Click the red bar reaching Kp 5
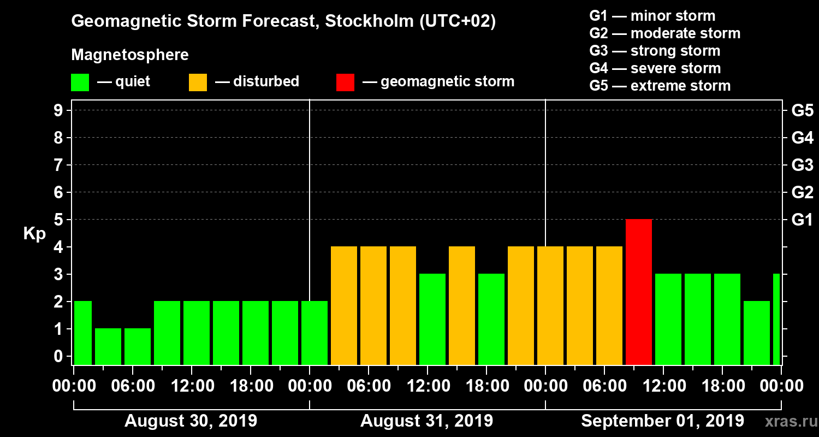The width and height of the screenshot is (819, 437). (x=639, y=292)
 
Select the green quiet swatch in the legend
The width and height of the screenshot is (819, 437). (x=80, y=82)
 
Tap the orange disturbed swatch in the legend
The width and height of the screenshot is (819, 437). (x=198, y=82)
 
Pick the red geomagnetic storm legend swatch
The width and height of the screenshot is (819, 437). (x=345, y=82)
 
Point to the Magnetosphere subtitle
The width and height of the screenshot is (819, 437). (x=130, y=55)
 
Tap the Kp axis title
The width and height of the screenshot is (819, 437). (x=34, y=233)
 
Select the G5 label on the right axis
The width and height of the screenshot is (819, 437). (x=802, y=110)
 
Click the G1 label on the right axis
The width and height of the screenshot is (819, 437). (x=802, y=220)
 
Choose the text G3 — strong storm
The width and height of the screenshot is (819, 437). (x=655, y=51)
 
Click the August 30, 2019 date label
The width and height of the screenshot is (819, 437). (x=191, y=421)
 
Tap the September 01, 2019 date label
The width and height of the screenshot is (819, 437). (x=662, y=421)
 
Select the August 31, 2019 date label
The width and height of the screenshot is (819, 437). (x=426, y=421)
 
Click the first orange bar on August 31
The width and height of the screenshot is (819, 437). (x=344, y=305)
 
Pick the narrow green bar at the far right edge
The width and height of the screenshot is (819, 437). (x=776, y=319)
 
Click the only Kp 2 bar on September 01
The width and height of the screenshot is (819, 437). (x=757, y=333)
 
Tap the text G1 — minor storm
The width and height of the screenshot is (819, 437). (x=652, y=16)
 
